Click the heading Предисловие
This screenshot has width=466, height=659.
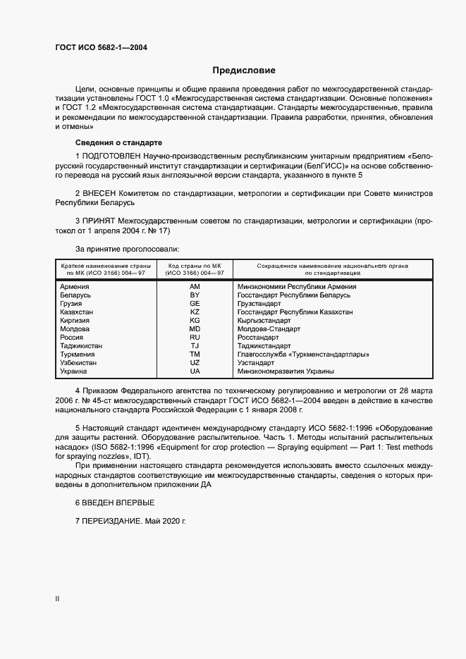pos(243,70)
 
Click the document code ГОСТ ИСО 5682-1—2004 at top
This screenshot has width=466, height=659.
pos(101,48)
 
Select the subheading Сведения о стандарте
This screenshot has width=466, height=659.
pos(118,142)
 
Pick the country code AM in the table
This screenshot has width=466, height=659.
pos(195,287)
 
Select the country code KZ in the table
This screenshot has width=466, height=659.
pos(195,312)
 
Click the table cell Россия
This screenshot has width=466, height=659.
pos(73,337)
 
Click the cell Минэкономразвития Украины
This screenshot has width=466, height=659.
pos(286,371)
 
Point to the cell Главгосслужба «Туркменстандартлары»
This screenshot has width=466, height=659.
pos(303,354)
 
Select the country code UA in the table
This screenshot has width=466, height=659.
pos(195,371)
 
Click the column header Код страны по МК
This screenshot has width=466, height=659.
pos(195,265)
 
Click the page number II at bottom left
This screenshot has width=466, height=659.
pos(57,598)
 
